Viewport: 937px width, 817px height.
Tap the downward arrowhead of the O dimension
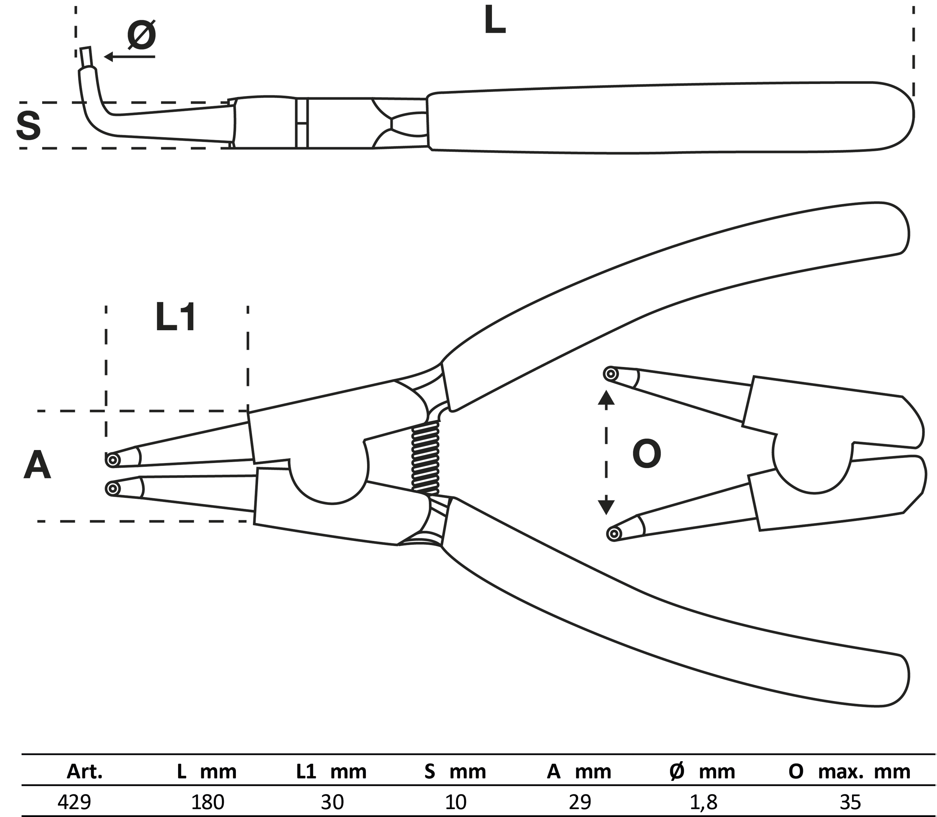click(x=606, y=507)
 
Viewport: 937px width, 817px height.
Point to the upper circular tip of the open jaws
click(x=610, y=374)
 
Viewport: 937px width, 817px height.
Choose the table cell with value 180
click(x=207, y=802)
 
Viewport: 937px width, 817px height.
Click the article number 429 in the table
click(x=74, y=802)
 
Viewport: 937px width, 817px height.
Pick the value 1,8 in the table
click(x=703, y=802)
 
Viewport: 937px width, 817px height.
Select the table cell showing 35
click(x=849, y=802)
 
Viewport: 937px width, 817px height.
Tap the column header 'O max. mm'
click(x=849, y=772)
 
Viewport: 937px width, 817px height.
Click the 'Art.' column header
click(x=85, y=772)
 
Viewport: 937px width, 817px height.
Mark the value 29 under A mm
click(x=580, y=802)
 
